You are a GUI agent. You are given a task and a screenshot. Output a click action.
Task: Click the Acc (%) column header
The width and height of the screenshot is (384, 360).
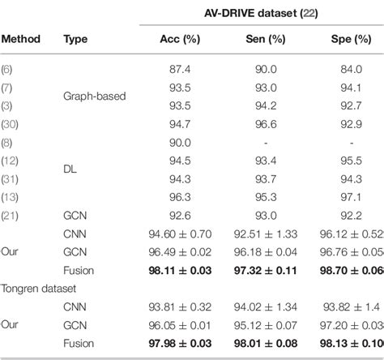coord(170,40)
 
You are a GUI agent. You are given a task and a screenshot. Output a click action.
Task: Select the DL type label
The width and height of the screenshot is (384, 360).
coord(70,168)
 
